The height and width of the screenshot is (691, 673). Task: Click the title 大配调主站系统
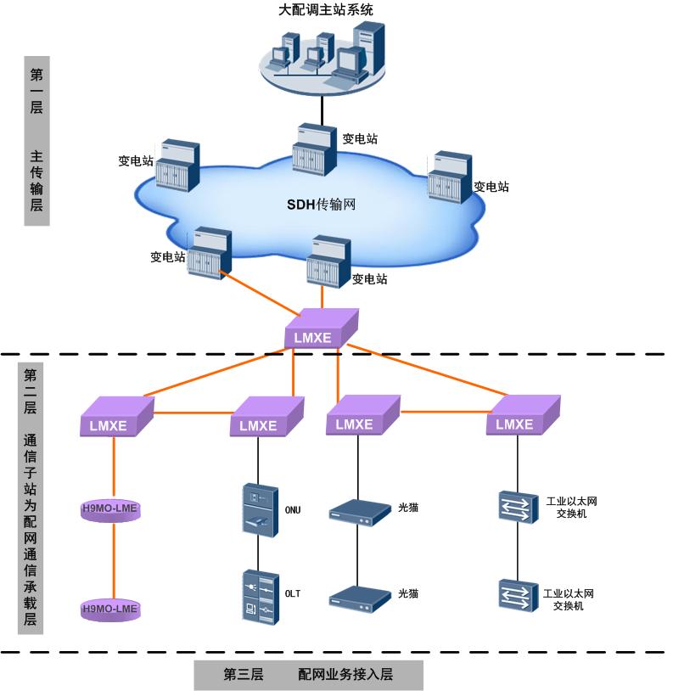(x=326, y=10)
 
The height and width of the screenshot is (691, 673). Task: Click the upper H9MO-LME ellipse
(x=109, y=509)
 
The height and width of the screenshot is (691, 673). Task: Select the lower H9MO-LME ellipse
(x=109, y=608)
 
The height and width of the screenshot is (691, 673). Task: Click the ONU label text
(x=293, y=510)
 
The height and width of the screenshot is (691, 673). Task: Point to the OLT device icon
(x=260, y=598)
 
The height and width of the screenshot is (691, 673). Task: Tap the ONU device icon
(x=259, y=509)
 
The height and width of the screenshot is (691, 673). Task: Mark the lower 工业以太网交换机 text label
(x=568, y=599)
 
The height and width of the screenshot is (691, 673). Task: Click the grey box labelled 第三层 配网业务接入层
(x=308, y=676)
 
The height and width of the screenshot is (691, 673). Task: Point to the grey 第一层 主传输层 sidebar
(x=36, y=140)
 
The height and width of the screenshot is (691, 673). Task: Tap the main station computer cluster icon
(x=325, y=55)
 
